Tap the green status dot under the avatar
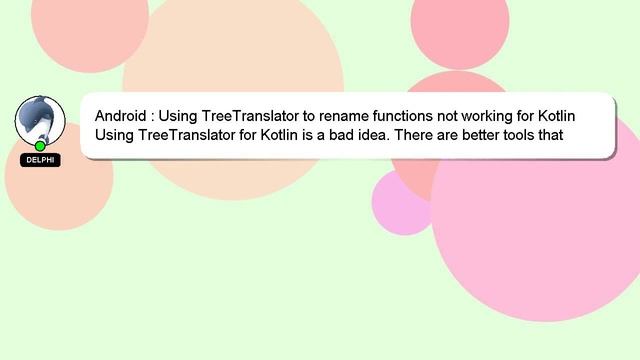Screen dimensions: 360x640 (x=40, y=146)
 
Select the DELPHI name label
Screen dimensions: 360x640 (x=40, y=160)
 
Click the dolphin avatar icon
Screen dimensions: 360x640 (x=40, y=119)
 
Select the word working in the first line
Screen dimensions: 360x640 (x=485, y=115)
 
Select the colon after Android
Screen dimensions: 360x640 (x=153, y=116)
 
